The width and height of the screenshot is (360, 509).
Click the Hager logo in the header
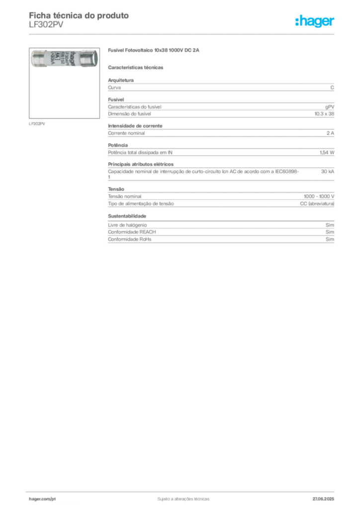pos(314,21)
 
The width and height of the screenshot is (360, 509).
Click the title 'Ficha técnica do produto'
pos(79,15)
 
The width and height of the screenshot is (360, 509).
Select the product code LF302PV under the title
pos(46,25)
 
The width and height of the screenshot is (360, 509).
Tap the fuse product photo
pos(64,59)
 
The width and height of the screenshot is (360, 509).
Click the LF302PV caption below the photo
pos(37,124)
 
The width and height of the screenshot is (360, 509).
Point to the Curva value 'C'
pos(332,87)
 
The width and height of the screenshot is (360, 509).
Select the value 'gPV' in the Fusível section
pos(330,107)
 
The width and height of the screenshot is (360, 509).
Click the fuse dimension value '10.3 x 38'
pos(324,114)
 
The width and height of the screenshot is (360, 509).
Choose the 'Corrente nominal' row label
pos(126,133)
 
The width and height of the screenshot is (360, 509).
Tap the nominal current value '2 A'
pos(331,133)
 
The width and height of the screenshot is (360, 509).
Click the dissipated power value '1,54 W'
pos(327,152)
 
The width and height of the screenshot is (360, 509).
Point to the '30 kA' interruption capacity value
pos(328,171)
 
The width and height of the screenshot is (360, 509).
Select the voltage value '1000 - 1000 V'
pos(319,196)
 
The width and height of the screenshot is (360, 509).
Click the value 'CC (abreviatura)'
pos(317,203)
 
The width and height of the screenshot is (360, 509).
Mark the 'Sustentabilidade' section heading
pos(127,216)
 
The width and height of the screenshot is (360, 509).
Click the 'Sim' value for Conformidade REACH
pos(330,232)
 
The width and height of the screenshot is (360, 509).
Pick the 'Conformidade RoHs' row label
pos(129,239)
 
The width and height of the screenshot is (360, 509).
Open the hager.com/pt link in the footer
pos(42,499)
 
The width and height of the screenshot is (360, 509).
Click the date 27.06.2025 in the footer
pos(323,499)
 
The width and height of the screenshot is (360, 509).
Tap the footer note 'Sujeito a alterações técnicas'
pos(183,499)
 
